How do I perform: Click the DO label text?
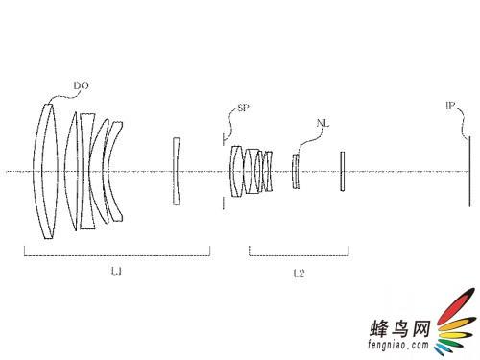[x=82, y=85]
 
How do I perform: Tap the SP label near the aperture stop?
[x=244, y=108]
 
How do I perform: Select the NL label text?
[x=323, y=123]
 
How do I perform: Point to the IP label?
[x=450, y=106]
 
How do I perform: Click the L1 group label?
[x=116, y=272]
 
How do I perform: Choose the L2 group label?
[x=299, y=273]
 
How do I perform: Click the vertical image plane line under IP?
[x=469, y=172]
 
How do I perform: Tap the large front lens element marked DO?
[x=46, y=171]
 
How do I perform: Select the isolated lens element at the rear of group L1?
[x=177, y=171]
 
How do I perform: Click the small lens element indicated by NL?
[x=296, y=171]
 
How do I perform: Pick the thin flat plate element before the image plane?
[x=343, y=171]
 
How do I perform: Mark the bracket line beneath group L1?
[x=117, y=255]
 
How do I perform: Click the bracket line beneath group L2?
[x=299, y=255]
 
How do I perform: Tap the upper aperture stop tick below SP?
[x=224, y=139]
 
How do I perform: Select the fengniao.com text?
[x=398, y=345]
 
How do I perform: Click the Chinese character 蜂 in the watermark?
[x=379, y=328]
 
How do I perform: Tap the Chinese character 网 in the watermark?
[x=420, y=328]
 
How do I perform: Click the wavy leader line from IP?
[x=464, y=123]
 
